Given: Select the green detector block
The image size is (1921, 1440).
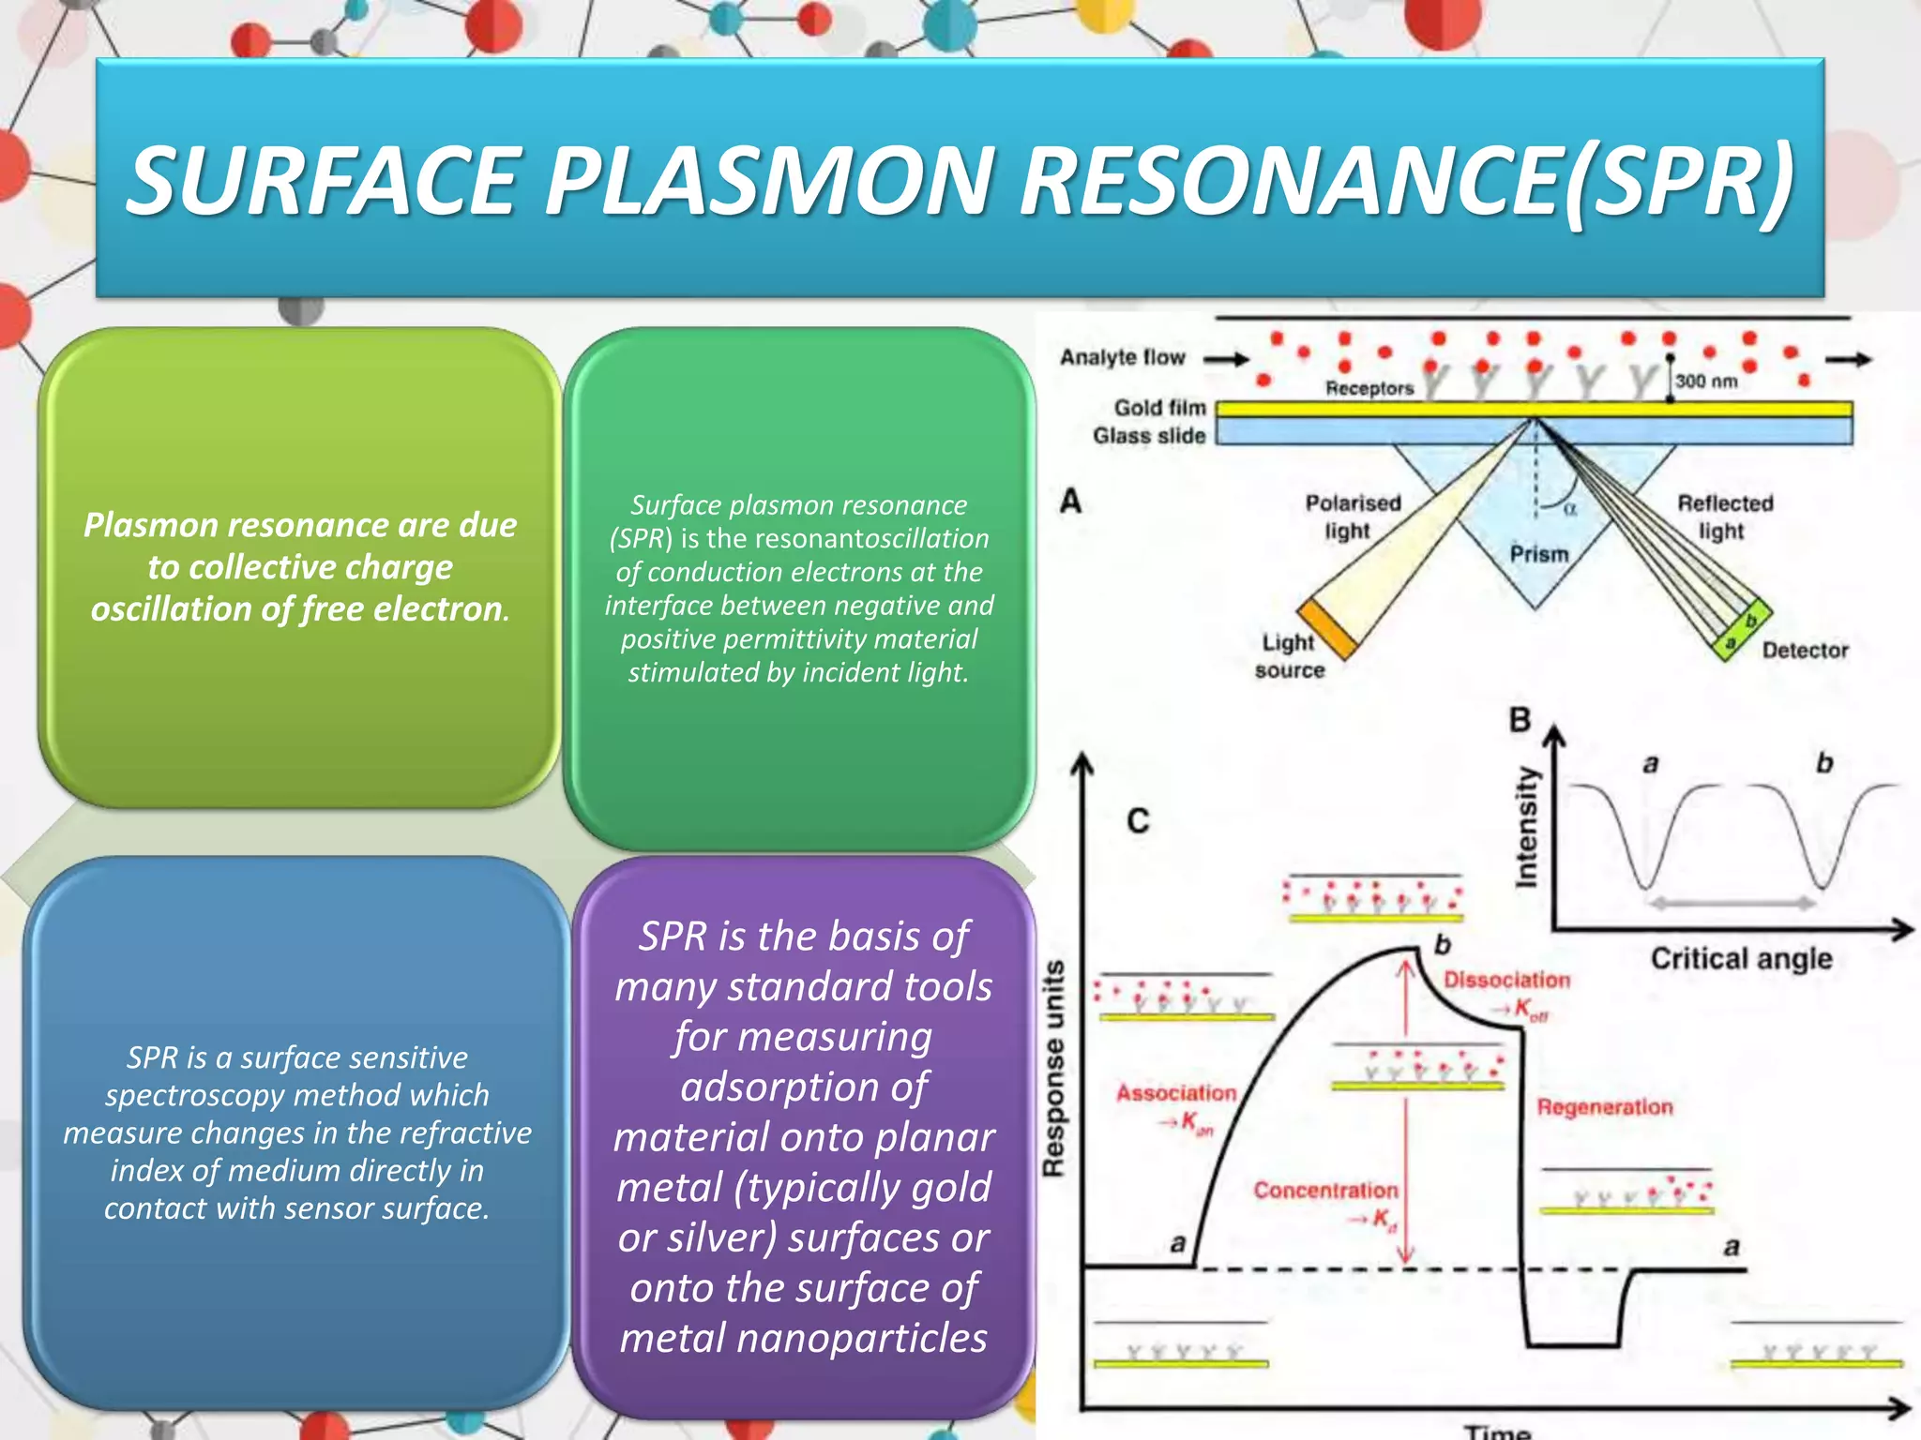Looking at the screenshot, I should coord(1741,630).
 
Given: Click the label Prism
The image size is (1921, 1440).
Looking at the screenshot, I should coord(1539,554).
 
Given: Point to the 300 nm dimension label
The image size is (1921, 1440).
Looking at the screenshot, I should coord(1706,382).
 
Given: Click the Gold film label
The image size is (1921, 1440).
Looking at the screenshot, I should coord(1159,408).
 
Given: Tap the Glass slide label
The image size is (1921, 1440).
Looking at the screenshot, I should coord(1149,436).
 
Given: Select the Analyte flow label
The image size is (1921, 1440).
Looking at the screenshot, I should coord(1123,357).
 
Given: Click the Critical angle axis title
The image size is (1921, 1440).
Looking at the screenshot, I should coord(1741,958).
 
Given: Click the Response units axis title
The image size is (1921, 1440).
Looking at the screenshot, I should coord(1054,1069).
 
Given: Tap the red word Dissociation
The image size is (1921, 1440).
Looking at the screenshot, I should coord(1506,980).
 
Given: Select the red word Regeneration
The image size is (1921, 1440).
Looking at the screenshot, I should coord(1604,1107).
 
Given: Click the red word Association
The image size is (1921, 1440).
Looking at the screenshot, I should coord(1176,1093).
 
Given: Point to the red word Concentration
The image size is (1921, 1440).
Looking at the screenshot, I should coord(1325,1191).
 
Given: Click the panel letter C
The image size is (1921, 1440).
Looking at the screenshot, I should coord(1138,821).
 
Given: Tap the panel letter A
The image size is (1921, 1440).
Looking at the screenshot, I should coord(1070,502).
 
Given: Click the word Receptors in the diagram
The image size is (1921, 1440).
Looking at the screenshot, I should coord(1369,388).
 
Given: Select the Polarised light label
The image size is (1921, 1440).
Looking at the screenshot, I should coord(1352,517).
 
